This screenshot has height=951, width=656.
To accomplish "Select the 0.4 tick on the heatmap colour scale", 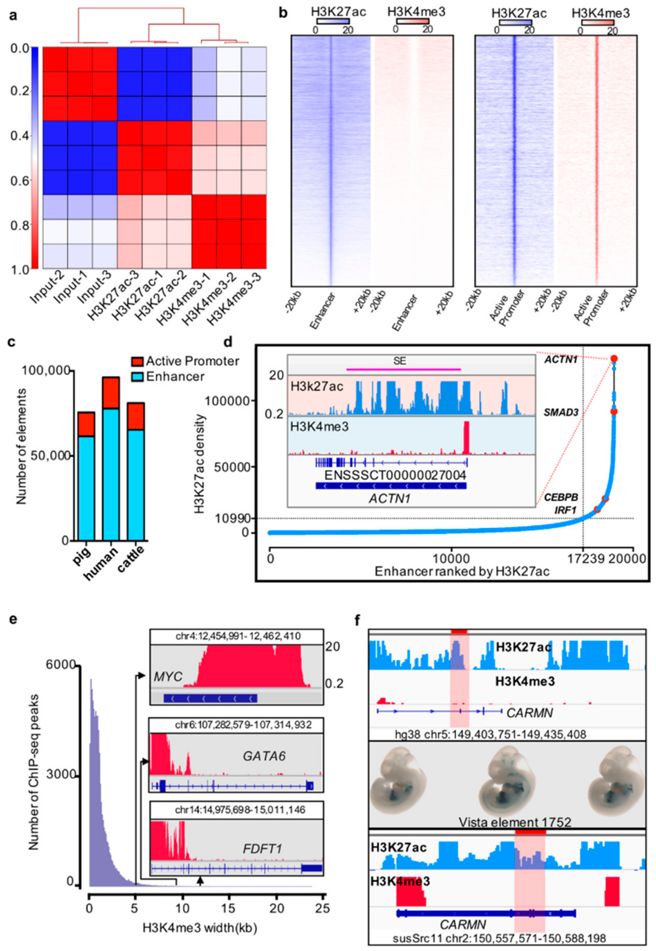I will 20,136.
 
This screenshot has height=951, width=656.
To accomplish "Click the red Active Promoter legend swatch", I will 137,362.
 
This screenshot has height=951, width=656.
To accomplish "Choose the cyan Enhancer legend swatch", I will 137,376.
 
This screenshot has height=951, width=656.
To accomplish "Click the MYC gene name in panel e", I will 168,677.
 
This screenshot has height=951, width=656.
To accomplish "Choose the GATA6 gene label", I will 264,756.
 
